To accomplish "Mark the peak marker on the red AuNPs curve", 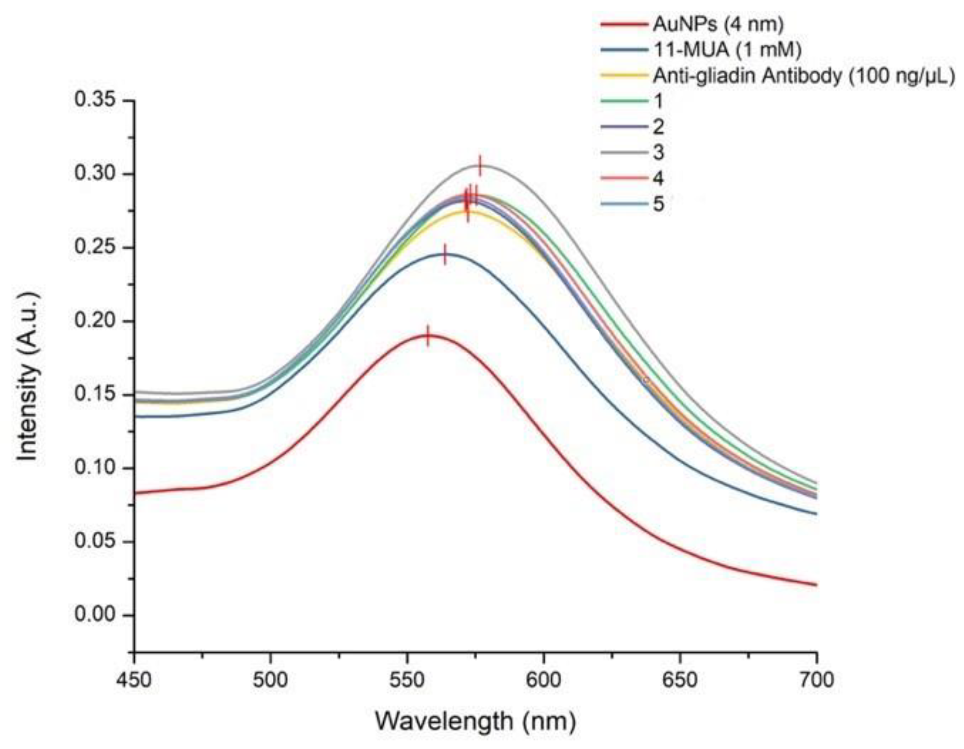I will coord(427,336).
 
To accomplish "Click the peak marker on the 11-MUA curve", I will coord(445,254).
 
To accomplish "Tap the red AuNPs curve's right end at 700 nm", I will coord(816,585).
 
